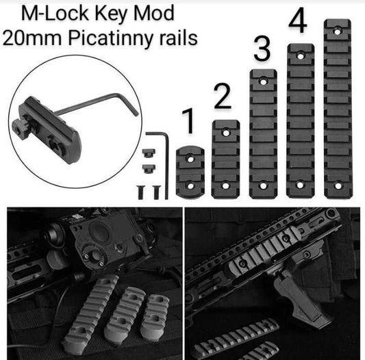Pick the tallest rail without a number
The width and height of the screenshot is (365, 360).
tap(337, 110)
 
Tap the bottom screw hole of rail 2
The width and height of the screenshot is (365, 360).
tap(225, 185)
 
